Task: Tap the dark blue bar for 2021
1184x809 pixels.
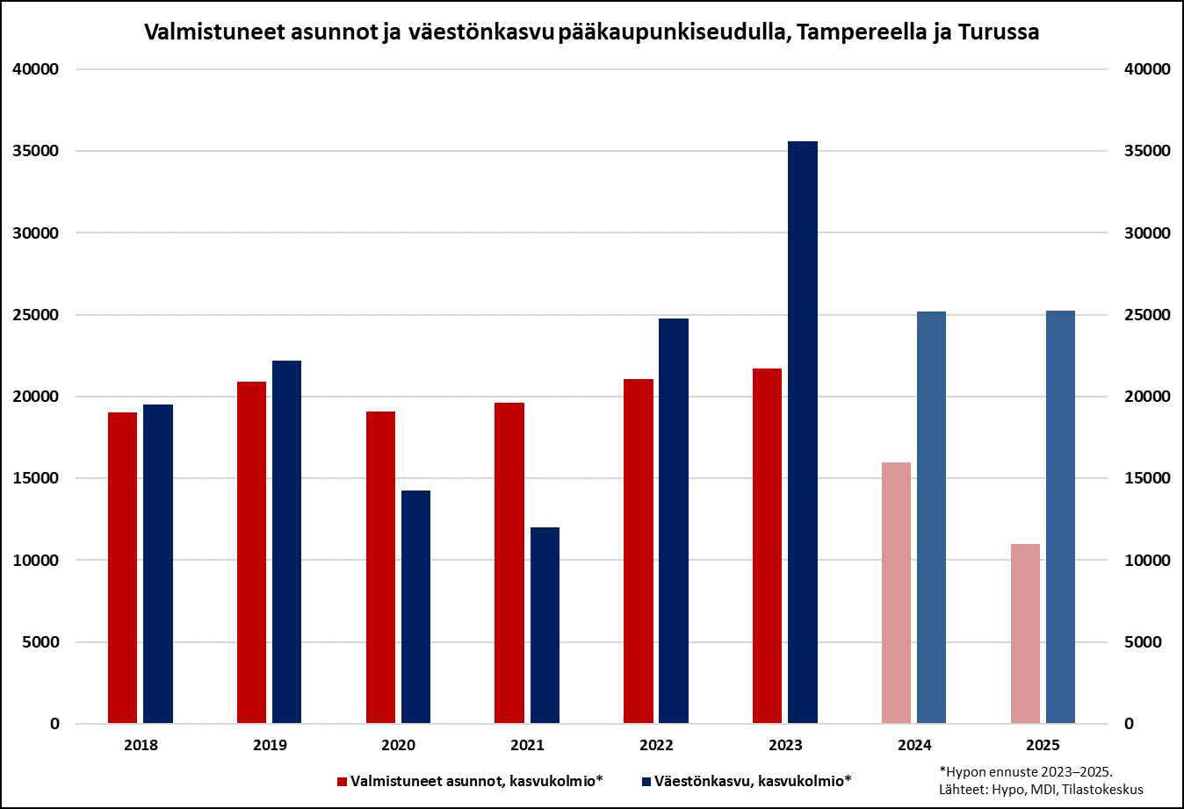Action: click(x=545, y=625)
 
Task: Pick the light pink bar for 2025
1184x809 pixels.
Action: click(x=1025, y=634)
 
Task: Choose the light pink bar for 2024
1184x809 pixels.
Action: click(x=896, y=592)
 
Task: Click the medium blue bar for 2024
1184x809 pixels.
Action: click(x=931, y=517)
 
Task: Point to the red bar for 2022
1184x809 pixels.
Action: click(x=639, y=551)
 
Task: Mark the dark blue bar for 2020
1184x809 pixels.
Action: click(x=415, y=606)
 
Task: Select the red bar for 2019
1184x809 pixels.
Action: click(x=251, y=552)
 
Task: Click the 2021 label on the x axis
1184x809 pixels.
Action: click(x=527, y=745)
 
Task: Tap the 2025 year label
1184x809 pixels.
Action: click(x=1043, y=745)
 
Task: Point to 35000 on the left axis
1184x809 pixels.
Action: click(x=36, y=151)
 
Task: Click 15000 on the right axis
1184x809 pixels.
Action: click(x=1147, y=478)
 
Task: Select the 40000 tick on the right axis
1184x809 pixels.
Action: click(x=1147, y=69)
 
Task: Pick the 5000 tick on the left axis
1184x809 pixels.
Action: click(x=40, y=642)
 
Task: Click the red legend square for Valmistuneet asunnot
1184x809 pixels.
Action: click(x=342, y=781)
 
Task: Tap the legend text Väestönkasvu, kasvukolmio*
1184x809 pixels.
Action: click(x=752, y=781)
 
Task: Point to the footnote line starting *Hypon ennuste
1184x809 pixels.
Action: click(x=1025, y=772)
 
